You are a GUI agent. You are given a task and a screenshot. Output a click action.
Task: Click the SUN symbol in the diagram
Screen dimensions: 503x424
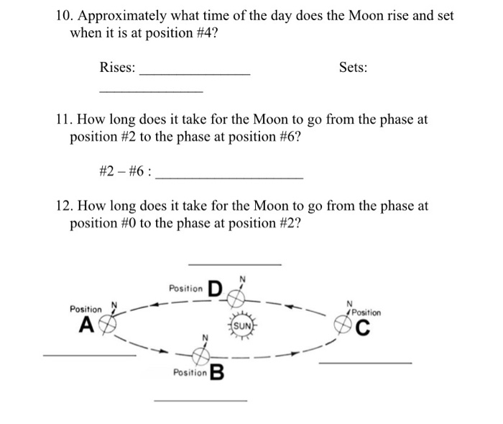(x=243, y=325)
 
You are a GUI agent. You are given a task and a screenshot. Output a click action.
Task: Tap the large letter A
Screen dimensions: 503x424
(x=85, y=325)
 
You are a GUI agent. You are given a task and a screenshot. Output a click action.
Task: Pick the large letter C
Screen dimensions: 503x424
(x=364, y=330)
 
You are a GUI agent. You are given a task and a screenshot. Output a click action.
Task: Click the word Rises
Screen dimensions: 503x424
(x=117, y=68)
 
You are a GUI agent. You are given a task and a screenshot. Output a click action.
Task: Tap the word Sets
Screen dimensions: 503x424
(x=353, y=68)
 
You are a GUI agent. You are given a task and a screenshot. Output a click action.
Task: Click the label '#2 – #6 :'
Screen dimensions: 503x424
(x=124, y=172)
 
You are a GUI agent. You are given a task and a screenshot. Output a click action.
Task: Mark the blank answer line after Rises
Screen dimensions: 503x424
(x=195, y=73)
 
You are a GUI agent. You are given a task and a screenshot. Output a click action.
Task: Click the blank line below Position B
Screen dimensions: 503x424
(x=200, y=400)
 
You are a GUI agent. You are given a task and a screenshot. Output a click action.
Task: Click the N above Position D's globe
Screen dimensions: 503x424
(x=242, y=279)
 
